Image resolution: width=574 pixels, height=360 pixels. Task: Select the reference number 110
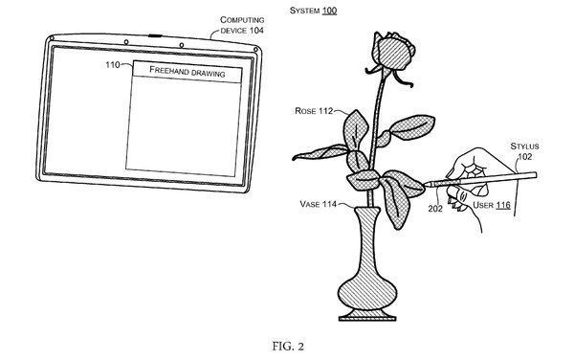pyautogui.click(x=112, y=66)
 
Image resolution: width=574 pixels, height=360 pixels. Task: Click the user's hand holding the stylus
pyautogui.click(x=475, y=172)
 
